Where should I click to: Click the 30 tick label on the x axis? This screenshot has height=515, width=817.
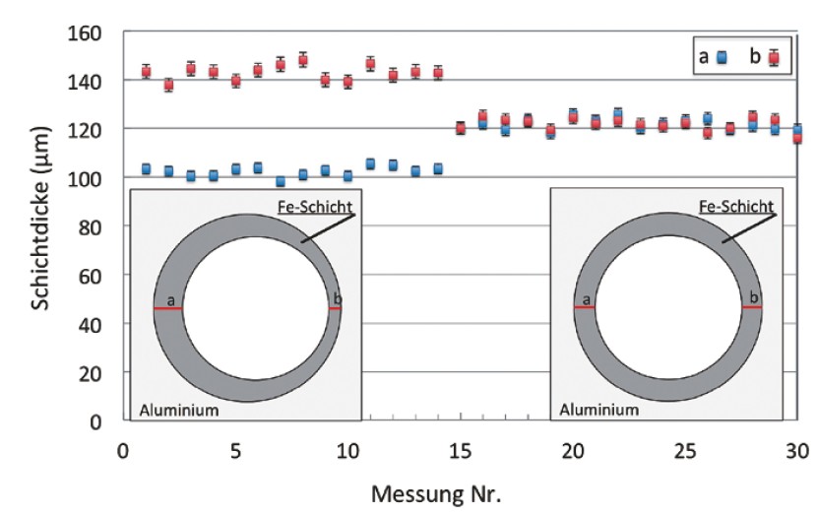[798, 449]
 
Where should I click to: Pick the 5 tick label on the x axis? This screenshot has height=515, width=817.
[235, 449]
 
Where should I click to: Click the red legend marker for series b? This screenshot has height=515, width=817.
[774, 57]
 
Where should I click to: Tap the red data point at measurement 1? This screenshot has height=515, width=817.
[146, 71]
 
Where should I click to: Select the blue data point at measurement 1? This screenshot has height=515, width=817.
[146, 169]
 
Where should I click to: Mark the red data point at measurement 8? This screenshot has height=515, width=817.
[303, 60]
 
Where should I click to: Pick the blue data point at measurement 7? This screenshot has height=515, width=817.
[281, 181]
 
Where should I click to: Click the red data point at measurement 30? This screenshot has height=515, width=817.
[797, 138]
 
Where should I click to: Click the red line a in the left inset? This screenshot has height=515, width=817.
[167, 309]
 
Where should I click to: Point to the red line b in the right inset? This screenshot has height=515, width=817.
[752, 307]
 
